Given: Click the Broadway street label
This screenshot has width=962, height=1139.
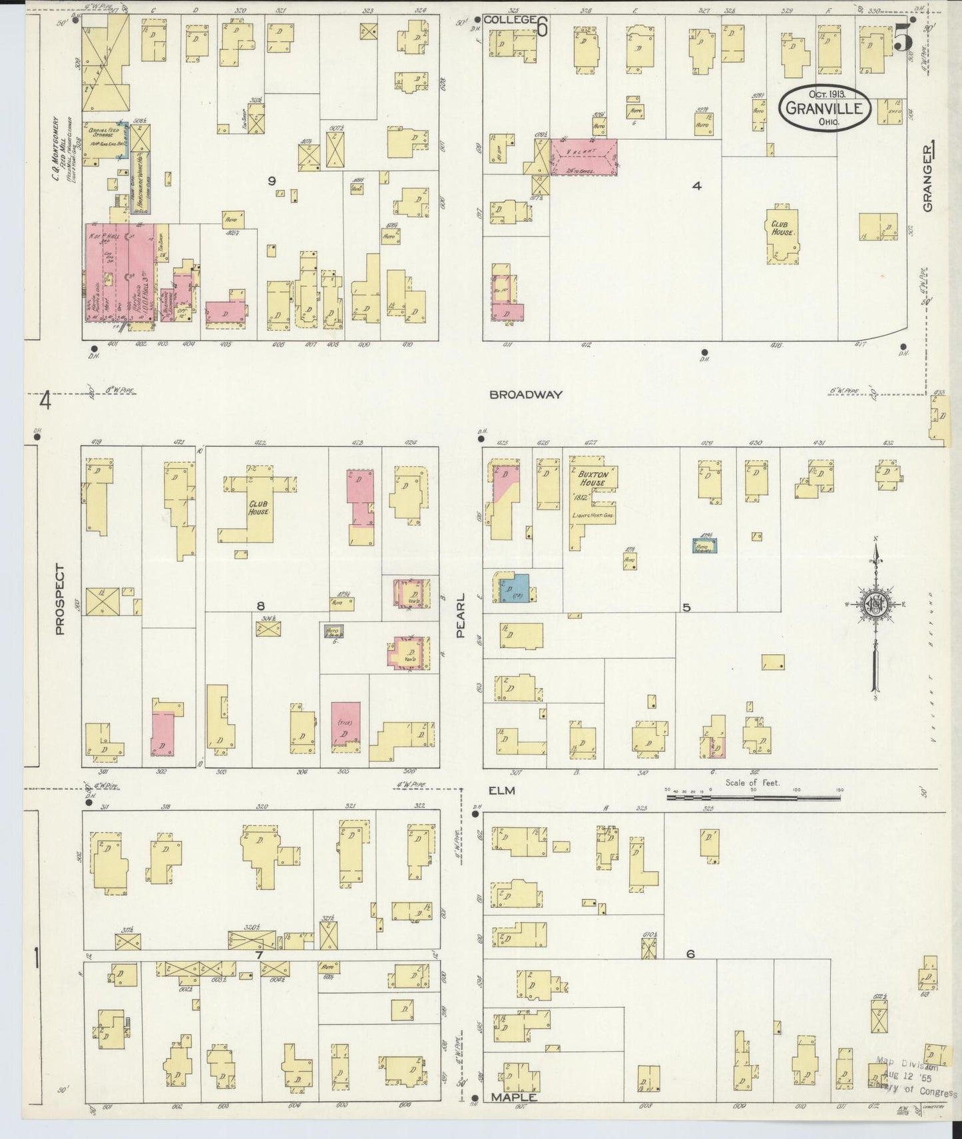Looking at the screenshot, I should pos(525,394).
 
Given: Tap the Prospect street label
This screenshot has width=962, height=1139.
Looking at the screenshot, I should pos(61,599).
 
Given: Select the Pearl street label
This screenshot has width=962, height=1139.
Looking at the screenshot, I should pos(460,616).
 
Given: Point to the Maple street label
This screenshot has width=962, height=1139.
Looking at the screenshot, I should pos(513,1097).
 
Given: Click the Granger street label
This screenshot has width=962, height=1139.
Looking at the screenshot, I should pos(929,180).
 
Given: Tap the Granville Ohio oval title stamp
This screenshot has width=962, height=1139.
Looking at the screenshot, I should pos(826,107).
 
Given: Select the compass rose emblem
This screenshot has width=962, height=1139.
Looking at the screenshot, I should pos(875,604).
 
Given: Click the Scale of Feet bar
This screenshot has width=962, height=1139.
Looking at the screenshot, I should pos(752,794).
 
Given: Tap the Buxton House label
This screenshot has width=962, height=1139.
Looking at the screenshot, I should pos(591,478).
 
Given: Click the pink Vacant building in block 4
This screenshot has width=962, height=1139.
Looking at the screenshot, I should pos(583,157).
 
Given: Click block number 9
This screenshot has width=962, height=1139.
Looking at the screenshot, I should pos(272,180).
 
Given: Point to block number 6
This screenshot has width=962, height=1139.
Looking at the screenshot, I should pos(690,954).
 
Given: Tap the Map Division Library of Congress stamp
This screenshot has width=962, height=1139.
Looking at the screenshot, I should pos(915,1078).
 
